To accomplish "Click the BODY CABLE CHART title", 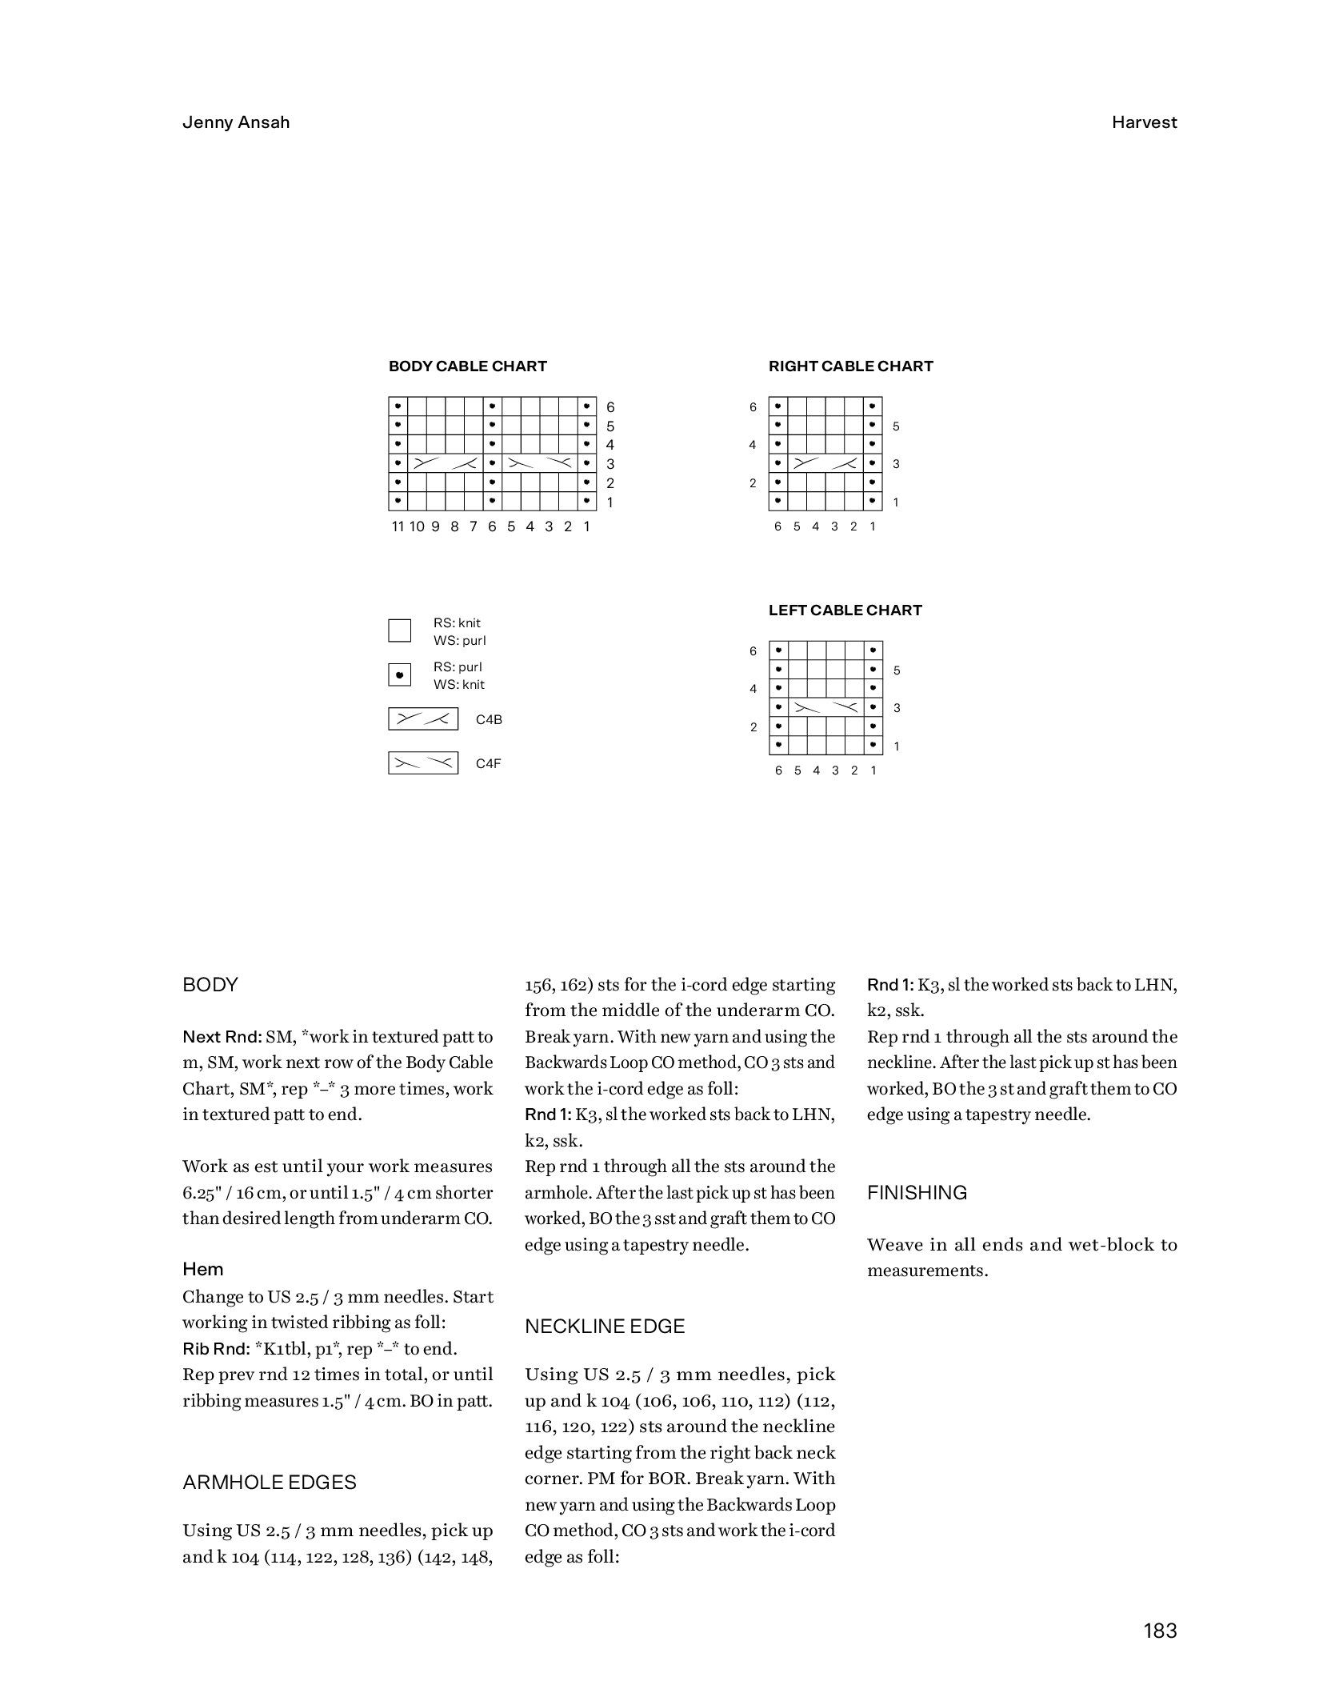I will point(467,366).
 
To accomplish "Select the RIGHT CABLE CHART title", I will point(850,366).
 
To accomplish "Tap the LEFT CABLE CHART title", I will point(845,610).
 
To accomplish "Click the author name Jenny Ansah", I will point(236,122).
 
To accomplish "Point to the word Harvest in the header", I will point(1144,122).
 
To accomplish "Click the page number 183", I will point(1160,1631).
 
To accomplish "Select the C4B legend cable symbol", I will point(423,719).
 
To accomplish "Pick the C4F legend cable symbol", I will point(423,763).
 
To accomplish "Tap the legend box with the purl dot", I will point(399,675).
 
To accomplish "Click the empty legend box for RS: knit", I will point(399,630).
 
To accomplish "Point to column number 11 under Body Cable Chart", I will point(398,526).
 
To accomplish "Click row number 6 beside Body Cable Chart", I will point(610,407).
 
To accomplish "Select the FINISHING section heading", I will point(917,1193).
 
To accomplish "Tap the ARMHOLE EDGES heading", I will point(269,1483).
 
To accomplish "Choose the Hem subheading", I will point(203,1270).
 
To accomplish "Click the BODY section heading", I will point(210,985).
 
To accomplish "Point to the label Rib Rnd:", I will point(216,1349).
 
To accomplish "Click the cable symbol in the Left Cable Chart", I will point(825,708).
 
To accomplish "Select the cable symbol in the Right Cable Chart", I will point(825,464).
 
